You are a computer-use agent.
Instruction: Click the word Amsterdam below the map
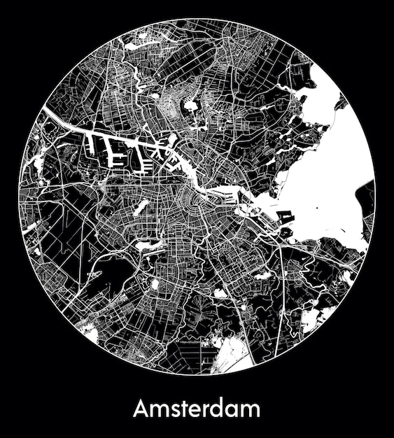pyautogui.click(x=197, y=408)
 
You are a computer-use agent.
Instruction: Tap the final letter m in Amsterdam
pyautogui.click(x=251, y=410)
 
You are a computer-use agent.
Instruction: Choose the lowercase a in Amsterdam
pyautogui.click(x=234, y=410)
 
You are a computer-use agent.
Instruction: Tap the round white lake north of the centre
pyautogui.click(x=190, y=107)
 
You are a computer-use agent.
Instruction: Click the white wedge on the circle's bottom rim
pyautogui.click(x=231, y=357)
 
